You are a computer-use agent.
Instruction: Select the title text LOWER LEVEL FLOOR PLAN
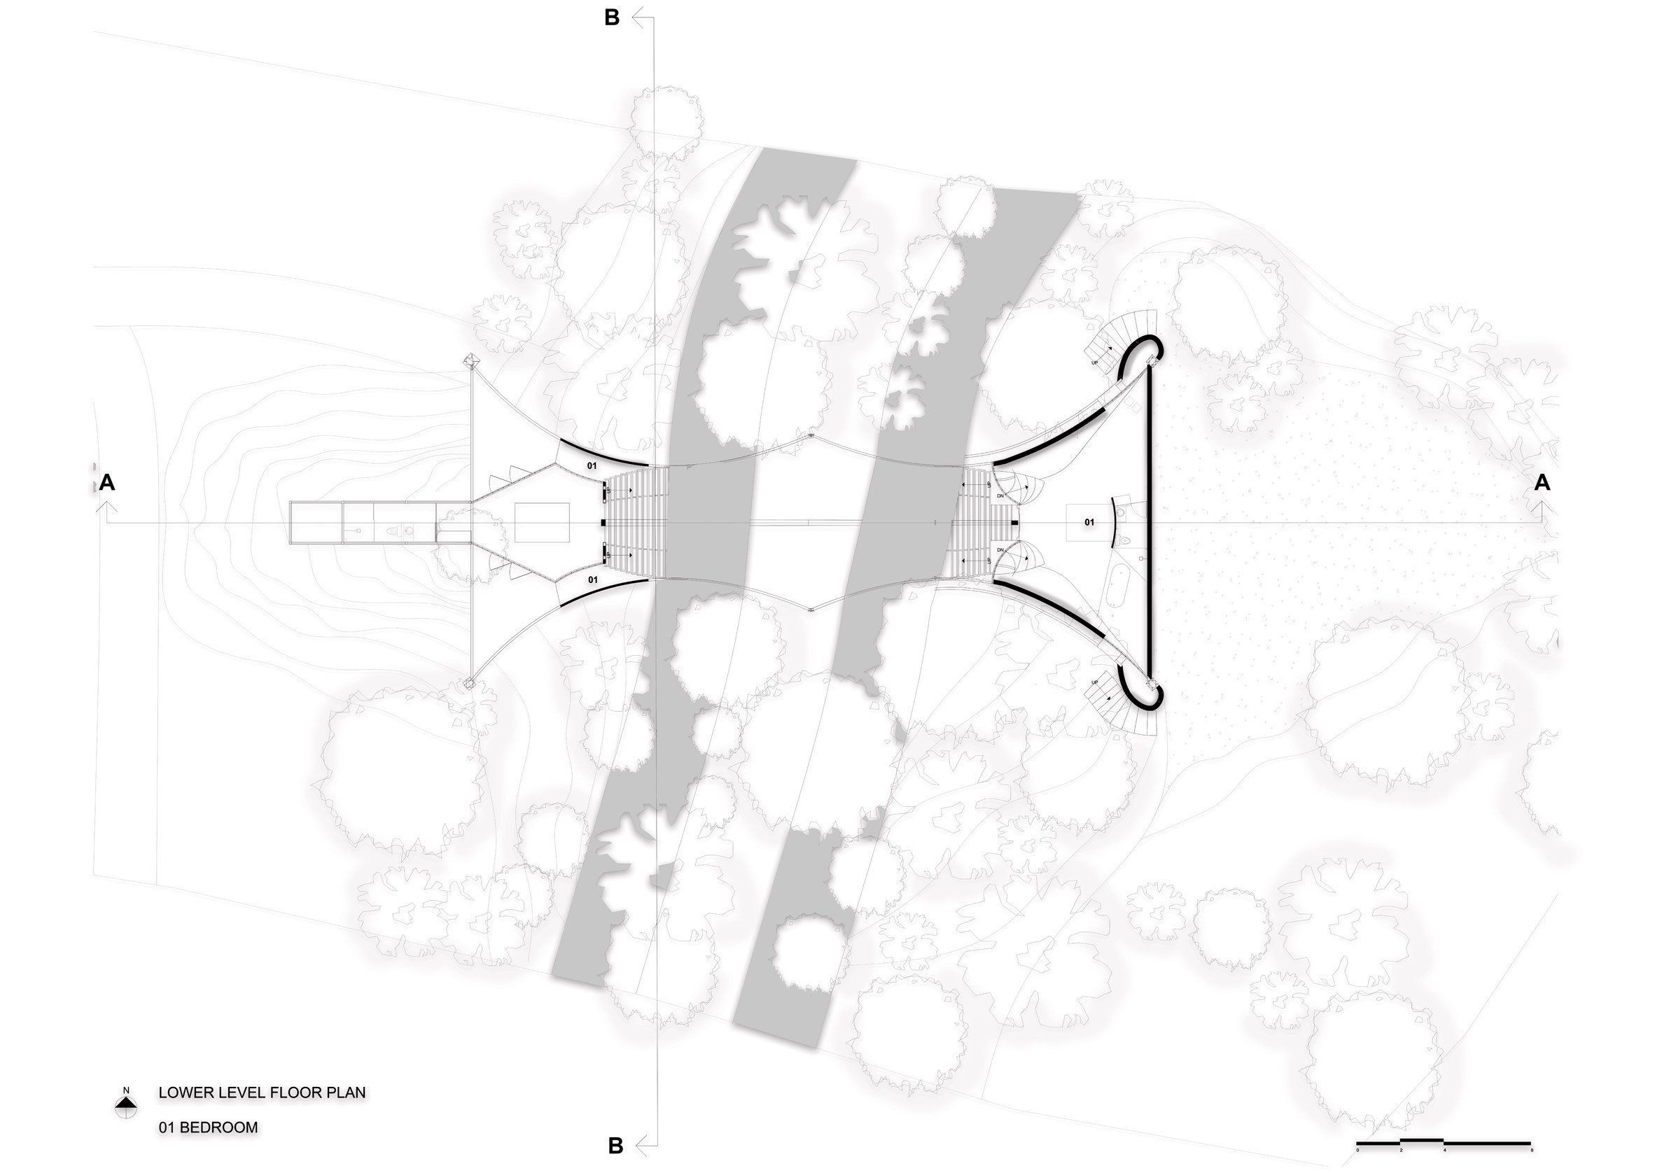click(x=263, y=1093)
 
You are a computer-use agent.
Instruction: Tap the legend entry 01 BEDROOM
click(x=208, y=1128)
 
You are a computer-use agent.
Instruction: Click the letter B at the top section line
click(x=612, y=18)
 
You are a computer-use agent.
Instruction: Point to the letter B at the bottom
click(x=615, y=1146)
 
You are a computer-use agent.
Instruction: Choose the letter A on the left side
click(x=107, y=482)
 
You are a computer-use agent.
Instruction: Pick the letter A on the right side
click(x=1542, y=482)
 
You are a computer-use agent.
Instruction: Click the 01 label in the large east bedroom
click(x=1089, y=522)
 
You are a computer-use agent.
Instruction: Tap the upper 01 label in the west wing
click(x=592, y=466)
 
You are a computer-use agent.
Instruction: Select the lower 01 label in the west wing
click(x=592, y=580)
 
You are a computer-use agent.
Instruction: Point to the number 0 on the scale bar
click(x=1357, y=1149)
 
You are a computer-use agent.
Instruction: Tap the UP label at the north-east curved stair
click(x=1094, y=362)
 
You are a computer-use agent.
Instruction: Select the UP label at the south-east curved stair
click(x=1094, y=682)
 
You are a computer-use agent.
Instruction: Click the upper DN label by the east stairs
click(x=1000, y=496)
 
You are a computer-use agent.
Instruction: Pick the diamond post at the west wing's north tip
click(x=471, y=360)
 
